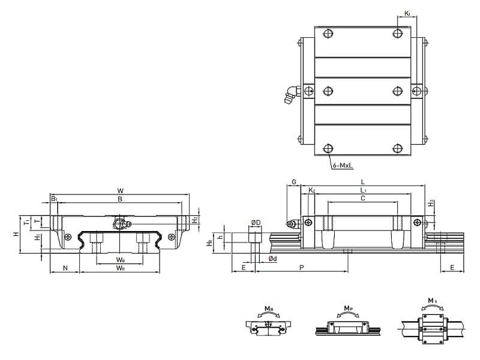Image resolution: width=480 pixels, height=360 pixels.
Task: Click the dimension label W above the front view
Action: (120, 191)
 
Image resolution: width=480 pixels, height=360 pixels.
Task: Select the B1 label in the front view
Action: (54, 199)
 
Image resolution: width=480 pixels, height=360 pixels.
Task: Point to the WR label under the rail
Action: (121, 268)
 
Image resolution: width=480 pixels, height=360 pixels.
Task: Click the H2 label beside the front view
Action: (195, 220)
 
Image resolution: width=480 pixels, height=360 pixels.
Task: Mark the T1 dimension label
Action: (26, 222)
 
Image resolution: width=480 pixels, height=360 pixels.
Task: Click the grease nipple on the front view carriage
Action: (120, 224)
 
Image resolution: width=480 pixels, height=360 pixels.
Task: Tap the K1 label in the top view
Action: (407, 13)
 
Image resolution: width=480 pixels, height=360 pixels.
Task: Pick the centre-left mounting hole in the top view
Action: (328, 91)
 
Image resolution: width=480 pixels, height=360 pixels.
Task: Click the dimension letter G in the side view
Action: (293, 181)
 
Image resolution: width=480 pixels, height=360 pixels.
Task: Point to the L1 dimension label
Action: (364, 190)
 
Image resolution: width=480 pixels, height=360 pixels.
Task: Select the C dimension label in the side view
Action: (363, 198)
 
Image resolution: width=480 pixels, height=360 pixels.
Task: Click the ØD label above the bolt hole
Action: (256, 223)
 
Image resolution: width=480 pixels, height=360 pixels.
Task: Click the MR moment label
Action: (268, 310)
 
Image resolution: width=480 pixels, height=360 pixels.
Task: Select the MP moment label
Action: (348, 308)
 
